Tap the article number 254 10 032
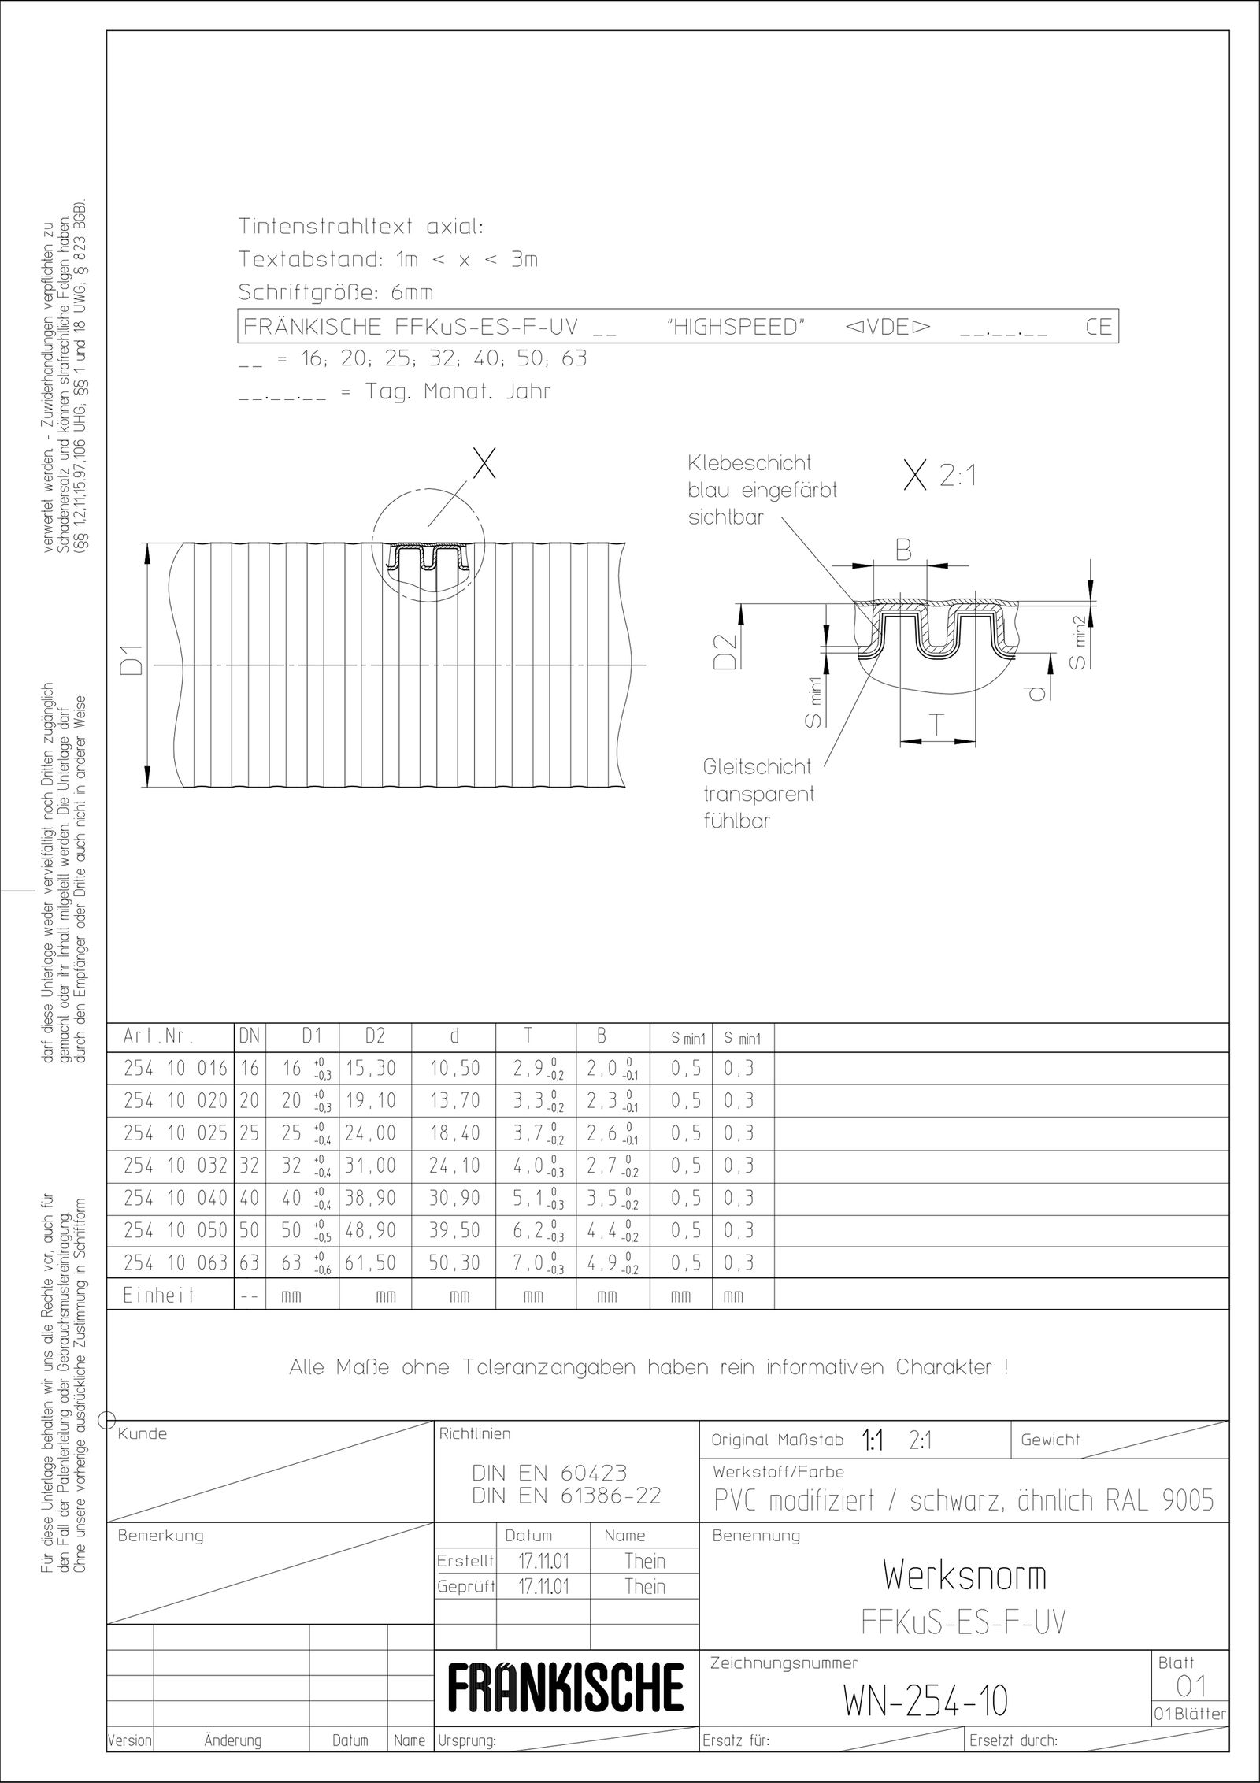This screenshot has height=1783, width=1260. pos(175,1166)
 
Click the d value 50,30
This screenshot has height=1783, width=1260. pos(454,1263)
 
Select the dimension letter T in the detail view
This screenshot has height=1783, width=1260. pos(936,725)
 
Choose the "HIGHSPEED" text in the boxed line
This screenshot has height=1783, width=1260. pos(737,328)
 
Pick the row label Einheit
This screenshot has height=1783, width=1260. pos(158,1296)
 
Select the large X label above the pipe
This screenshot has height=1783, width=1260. pos(483,465)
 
